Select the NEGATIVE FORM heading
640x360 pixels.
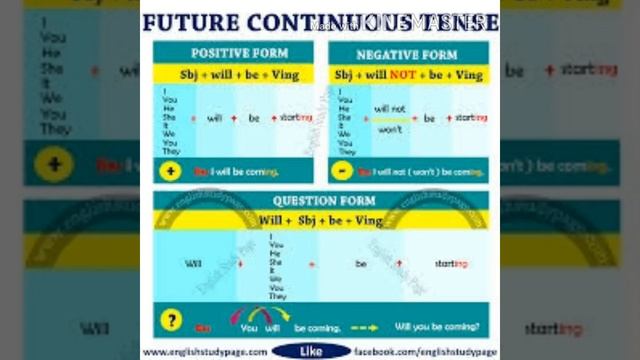(407, 53)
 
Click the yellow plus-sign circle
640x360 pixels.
(170, 171)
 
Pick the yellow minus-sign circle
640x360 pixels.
(341, 171)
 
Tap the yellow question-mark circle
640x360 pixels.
(171, 322)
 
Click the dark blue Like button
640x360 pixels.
(311, 351)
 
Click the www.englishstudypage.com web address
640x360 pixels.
(205, 352)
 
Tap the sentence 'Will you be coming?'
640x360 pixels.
(436, 327)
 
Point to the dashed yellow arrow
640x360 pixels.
(363, 327)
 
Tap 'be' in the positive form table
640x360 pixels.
(254, 118)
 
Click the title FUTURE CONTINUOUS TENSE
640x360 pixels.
(320, 22)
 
